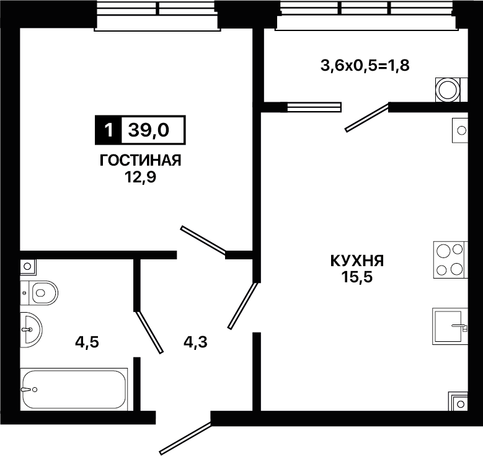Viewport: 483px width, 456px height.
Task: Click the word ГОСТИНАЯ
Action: tap(141, 160)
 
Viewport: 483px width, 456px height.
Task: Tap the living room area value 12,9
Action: tap(141, 177)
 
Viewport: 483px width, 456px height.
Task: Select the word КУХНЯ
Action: tap(357, 261)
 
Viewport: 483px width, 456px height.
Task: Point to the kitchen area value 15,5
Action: tap(357, 277)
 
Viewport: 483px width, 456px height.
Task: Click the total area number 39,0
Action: tap(149, 130)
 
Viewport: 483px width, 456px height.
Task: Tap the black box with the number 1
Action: tap(109, 130)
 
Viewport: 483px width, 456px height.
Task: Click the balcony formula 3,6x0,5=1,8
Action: tap(365, 66)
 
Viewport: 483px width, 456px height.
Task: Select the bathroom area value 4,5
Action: tap(87, 342)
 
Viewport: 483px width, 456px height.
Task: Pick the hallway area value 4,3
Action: tap(195, 342)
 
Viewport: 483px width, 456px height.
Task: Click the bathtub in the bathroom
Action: tap(74, 389)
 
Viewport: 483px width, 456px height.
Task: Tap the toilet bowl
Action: tap(40, 293)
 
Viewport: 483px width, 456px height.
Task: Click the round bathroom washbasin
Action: tap(31, 329)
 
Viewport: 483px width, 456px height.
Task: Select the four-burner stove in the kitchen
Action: tap(450, 260)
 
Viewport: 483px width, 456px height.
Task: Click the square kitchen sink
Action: tap(450, 326)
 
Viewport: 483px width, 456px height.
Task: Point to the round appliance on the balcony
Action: tap(448, 90)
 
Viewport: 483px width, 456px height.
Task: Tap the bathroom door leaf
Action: tap(149, 332)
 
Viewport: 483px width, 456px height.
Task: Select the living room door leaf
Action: tap(203, 241)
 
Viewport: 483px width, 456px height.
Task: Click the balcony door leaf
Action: tap(366, 118)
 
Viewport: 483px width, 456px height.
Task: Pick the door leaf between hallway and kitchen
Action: tap(242, 305)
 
